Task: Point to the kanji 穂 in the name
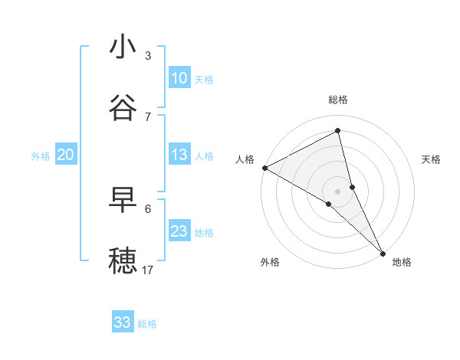pos(123,261)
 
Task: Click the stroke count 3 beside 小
pos(148,56)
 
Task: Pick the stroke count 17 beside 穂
pos(148,270)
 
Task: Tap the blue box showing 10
pos(179,78)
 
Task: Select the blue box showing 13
pos(179,155)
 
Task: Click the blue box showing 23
pos(179,231)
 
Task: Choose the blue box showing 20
pos(66,155)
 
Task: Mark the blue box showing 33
pos(123,322)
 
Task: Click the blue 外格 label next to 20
pos(41,156)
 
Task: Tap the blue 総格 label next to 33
pos(147,324)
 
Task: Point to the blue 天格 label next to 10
pos(204,80)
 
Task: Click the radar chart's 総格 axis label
pos(338,100)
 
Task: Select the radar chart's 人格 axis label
pos(245,159)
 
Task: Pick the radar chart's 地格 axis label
pos(402,263)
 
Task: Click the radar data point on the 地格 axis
pos(383,252)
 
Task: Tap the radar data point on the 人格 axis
pos(264,168)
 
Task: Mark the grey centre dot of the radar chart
pos(338,191)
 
